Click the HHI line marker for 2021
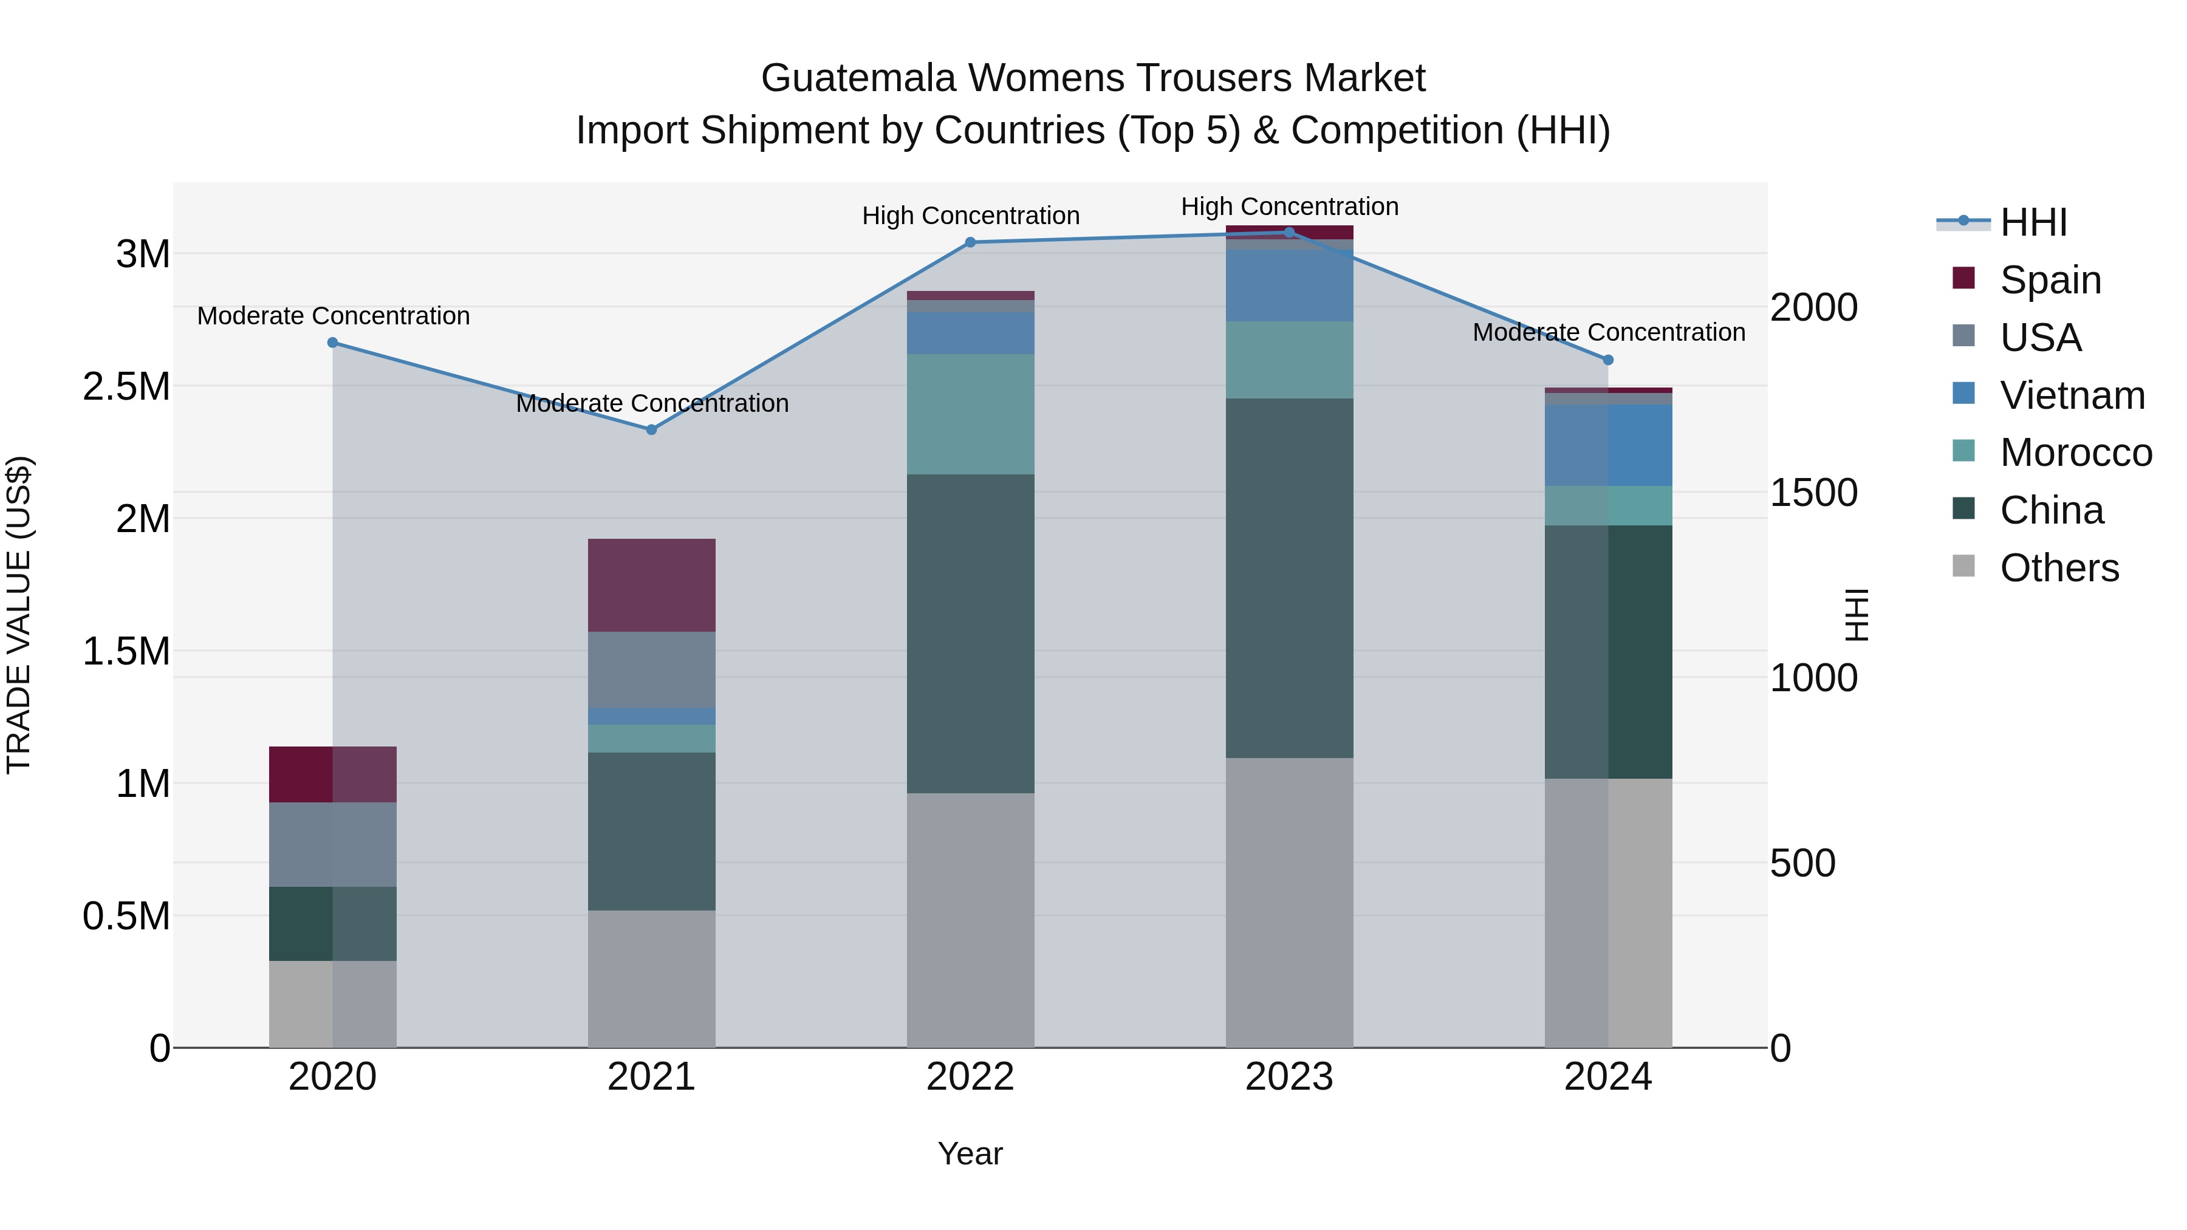[651, 429]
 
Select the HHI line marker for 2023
[1289, 232]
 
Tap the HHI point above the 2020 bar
[333, 343]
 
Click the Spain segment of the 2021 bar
[651, 585]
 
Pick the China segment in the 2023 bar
[1289, 577]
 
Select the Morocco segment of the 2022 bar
[970, 414]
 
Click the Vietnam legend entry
[2072, 395]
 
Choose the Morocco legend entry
[2075, 453]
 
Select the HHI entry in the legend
[2033, 222]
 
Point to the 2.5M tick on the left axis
[126, 386]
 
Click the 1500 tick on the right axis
[1813, 493]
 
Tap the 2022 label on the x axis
[970, 1076]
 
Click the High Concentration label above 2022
[970, 216]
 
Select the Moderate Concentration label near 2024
[1608, 332]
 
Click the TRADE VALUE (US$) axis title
[19, 615]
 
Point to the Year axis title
[970, 1153]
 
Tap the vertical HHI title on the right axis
[1858, 615]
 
